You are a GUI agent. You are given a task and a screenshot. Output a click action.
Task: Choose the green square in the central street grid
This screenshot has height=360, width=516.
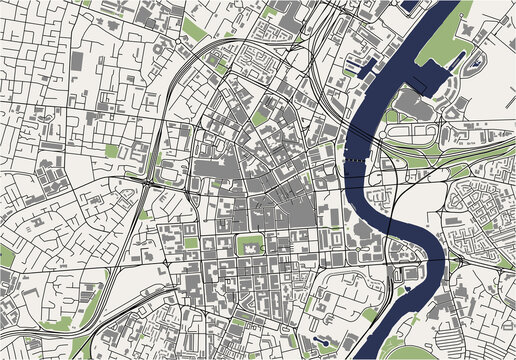[246, 243]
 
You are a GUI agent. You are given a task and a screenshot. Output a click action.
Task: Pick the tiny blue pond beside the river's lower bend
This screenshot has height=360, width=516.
[405, 290]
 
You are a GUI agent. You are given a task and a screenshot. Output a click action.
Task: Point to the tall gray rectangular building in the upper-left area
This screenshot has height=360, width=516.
[78, 60]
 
